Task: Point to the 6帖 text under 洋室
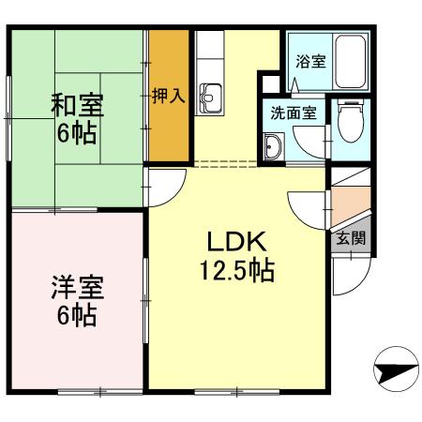(x=76, y=315)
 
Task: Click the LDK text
(x=234, y=241)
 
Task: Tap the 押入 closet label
(x=168, y=97)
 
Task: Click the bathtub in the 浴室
(x=351, y=62)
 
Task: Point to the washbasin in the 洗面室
(x=275, y=148)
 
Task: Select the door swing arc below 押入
(x=161, y=183)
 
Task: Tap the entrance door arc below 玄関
(x=349, y=275)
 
